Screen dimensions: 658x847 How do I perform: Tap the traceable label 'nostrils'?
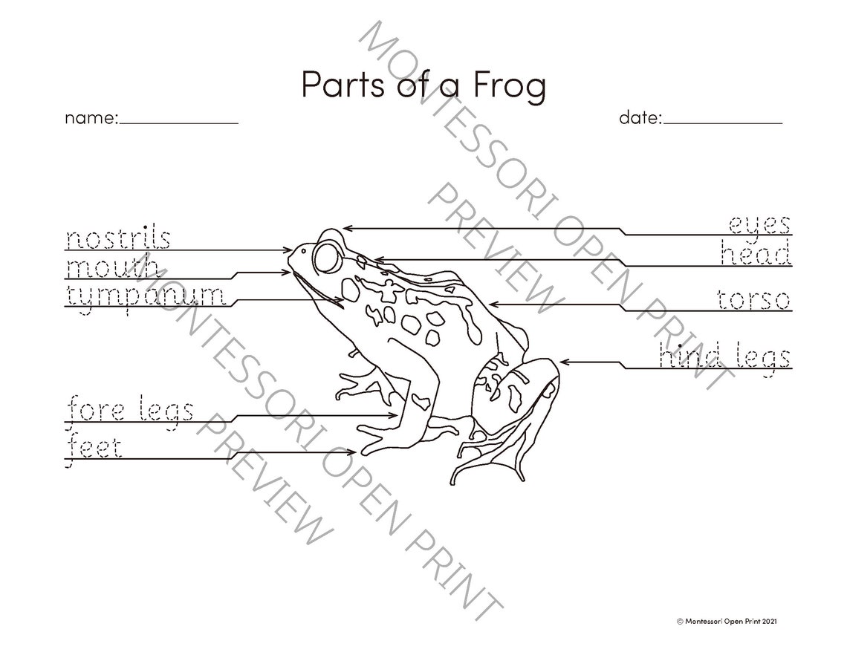pyautogui.click(x=119, y=239)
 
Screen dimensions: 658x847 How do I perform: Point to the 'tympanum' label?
pyautogui.click(x=146, y=295)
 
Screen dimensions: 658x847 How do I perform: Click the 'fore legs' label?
pyautogui.click(x=131, y=410)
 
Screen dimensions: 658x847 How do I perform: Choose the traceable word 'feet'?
pyautogui.click(x=94, y=447)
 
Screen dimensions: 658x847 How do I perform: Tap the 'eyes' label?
pyautogui.click(x=759, y=224)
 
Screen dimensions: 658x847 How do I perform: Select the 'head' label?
pyautogui.click(x=755, y=254)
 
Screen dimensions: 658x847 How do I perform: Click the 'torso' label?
pyautogui.click(x=753, y=300)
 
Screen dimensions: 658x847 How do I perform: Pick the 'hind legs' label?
pyautogui.click(x=724, y=357)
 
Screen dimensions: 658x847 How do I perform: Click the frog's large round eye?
pyautogui.click(x=326, y=258)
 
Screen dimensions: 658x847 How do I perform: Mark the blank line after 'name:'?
pyautogui.click(x=179, y=123)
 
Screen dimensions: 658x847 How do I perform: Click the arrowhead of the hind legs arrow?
pyautogui.click(x=564, y=362)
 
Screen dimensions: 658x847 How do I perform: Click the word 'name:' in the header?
pyautogui.click(x=91, y=117)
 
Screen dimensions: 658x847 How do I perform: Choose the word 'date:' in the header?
pyautogui.click(x=640, y=117)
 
